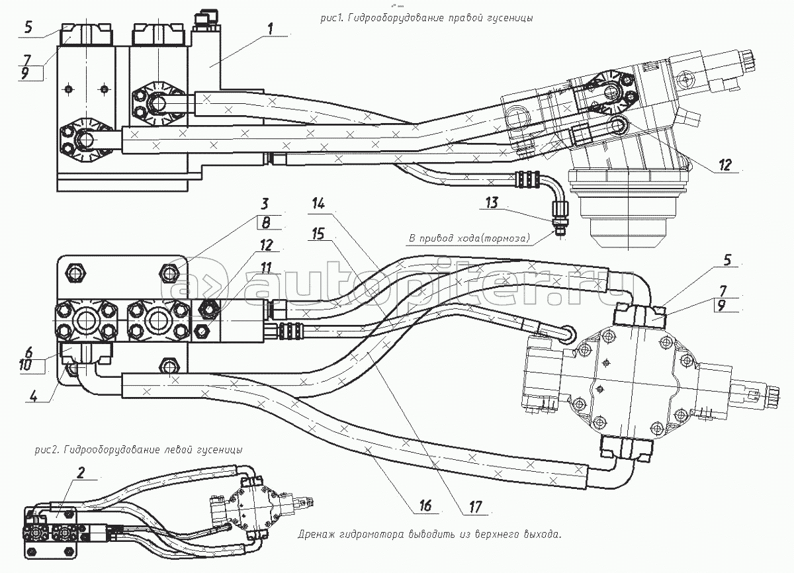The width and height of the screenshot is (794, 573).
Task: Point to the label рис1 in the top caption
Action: pos(330,19)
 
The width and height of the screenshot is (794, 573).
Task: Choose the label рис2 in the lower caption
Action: pos(46,450)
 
